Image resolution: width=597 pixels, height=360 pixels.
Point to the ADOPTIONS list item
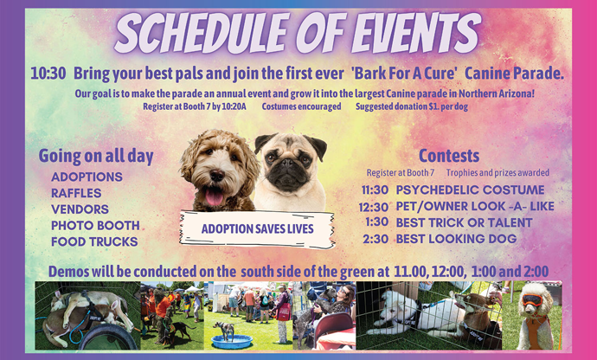(87, 177)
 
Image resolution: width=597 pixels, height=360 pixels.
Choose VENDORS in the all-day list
(80, 209)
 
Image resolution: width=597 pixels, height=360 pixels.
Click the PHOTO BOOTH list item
(95, 225)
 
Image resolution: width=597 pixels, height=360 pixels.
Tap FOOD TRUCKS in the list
(94, 241)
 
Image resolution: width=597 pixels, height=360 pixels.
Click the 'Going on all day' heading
(96, 157)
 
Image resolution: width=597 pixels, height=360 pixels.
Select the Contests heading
(448, 156)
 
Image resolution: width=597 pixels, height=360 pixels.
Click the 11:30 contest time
(376, 190)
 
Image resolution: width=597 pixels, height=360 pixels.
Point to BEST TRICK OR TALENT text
(464, 222)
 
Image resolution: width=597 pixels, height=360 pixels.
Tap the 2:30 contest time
(376, 239)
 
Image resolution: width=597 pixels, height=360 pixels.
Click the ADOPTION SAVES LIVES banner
(257, 229)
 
